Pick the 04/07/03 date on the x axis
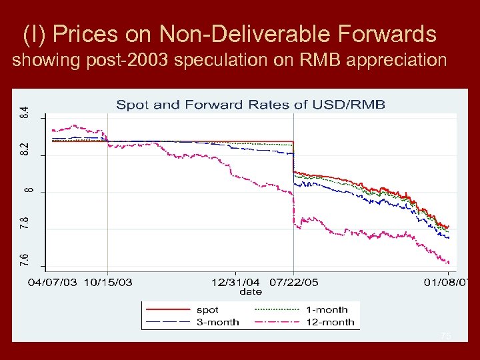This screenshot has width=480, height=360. point(51,282)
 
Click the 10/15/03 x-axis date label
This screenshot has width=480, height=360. point(107,282)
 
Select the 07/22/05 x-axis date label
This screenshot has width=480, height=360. point(293,282)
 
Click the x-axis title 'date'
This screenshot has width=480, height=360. point(251,291)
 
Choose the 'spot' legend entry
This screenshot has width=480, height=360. point(207,310)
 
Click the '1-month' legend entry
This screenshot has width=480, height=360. point(327,310)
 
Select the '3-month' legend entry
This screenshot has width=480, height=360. point(217,322)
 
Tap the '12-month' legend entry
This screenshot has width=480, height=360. point(329,322)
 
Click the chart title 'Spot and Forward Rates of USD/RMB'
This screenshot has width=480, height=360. point(251,105)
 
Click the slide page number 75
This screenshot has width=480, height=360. point(445,337)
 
